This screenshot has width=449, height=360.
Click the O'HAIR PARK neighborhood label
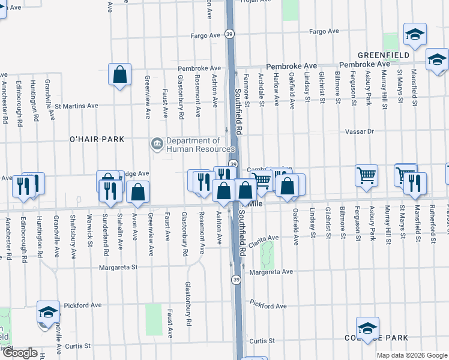click(97, 139)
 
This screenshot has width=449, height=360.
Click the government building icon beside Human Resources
click(157, 143)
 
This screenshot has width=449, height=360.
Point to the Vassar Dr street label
click(359, 131)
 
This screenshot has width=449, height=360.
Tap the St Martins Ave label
click(76, 106)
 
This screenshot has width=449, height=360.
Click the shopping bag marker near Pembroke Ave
click(120, 75)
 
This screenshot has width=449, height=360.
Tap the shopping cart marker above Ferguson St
click(366, 175)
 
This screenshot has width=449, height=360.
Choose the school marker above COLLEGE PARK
click(367, 328)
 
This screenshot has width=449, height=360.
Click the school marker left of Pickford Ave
click(49, 311)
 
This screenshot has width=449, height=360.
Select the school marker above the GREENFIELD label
click(414, 34)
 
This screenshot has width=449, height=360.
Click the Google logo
click(20, 353)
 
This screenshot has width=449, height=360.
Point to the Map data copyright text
click(412, 355)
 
